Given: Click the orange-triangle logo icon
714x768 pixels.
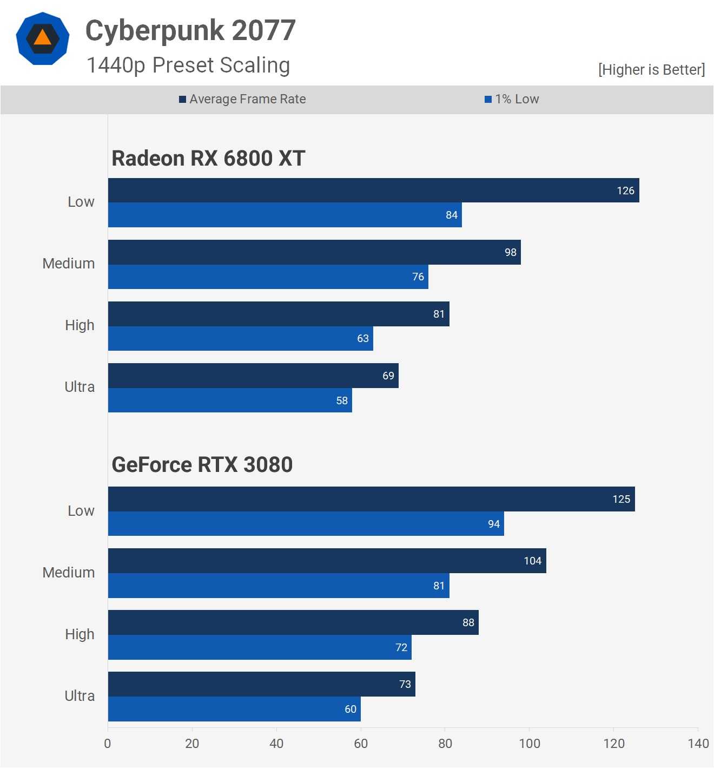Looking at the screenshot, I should coord(43,38).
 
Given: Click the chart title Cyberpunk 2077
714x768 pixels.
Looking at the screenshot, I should coord(190,30).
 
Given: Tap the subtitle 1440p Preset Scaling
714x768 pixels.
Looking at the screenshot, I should coord(188,65).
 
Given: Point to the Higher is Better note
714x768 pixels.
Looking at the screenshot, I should coord(651,70).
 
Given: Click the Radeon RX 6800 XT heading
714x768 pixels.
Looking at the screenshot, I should coord(208,159).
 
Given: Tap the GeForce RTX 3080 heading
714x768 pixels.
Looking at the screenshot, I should coord(202,465).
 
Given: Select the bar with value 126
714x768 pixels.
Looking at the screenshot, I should coord(373,191).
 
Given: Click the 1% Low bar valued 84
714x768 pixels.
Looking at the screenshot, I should coord(285,215).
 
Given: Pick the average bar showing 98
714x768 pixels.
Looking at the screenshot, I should coord(314,252).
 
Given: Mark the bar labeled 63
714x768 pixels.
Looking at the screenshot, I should coord(240,338).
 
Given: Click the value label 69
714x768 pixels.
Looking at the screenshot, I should coord(388,376).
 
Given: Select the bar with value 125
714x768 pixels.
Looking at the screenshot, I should coord(371,499).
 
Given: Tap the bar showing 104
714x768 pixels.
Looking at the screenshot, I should coord(327,561).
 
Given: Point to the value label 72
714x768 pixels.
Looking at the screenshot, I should coord(401,647).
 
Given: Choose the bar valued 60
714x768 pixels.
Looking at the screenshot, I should coord(234,709).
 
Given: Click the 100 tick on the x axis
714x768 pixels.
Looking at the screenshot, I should coord(530,744).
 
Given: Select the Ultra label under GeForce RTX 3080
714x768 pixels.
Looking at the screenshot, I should coord(80,696).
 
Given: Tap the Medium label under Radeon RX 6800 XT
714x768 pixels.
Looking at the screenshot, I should coord(69,264).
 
